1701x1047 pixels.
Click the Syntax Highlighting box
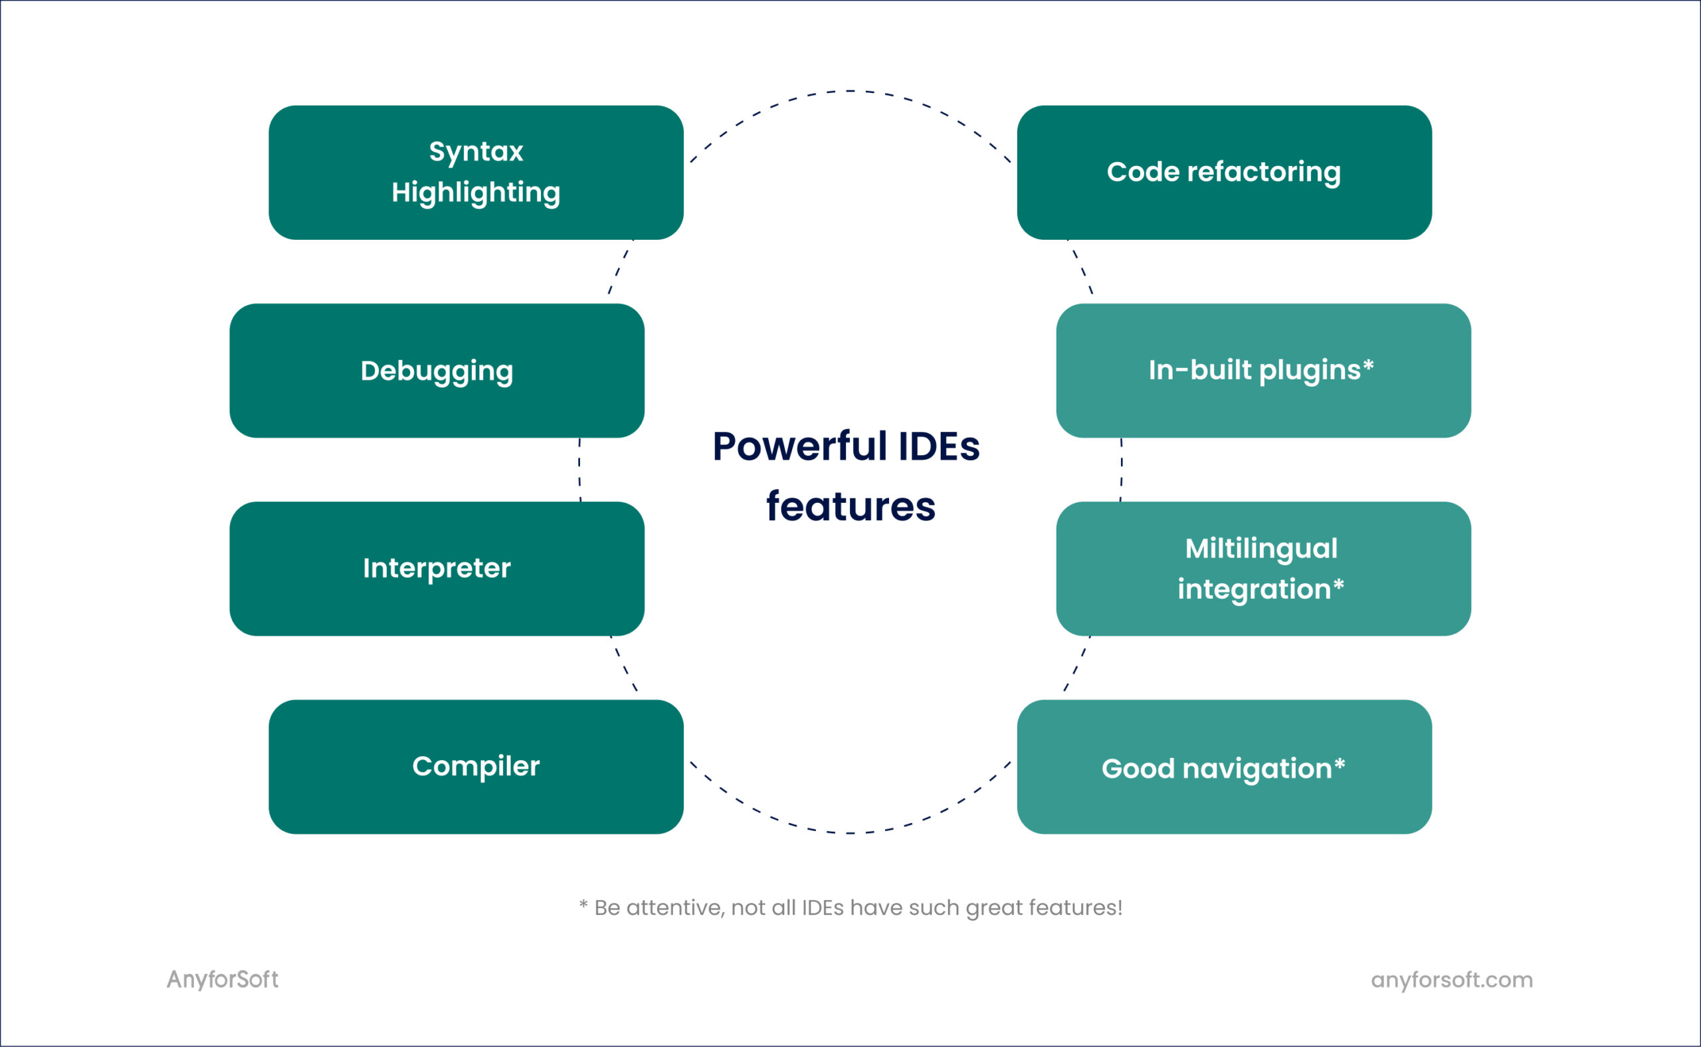[476, 173]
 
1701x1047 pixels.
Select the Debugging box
[437, 371]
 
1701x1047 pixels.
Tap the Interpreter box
[437, 569]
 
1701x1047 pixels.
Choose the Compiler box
[476, 767]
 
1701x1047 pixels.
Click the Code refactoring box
[1225, 173]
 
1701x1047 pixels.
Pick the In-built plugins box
[1263, 371]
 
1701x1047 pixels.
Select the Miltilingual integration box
[1263, 569]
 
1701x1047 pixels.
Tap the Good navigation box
[1225, 767]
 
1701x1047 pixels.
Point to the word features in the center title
[850, 506]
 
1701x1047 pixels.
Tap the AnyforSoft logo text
[223, 979]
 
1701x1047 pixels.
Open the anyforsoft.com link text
[1452, 980]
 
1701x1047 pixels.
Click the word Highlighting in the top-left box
[476, 193]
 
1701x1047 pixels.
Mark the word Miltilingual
[1261, 549]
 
